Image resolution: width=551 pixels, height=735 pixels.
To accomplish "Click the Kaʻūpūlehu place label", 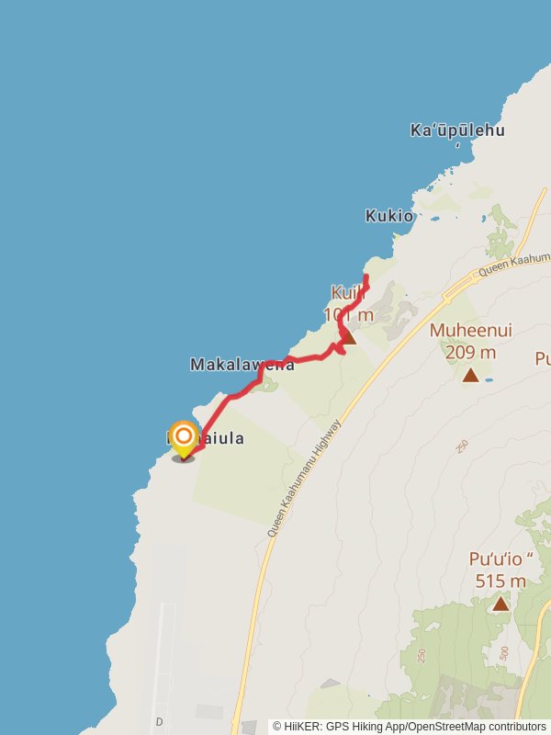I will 457,130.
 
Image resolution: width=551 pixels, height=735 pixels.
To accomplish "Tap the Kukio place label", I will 388,216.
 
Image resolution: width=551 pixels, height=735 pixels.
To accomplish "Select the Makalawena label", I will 242,365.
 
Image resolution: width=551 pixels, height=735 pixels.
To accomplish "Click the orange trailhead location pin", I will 184,437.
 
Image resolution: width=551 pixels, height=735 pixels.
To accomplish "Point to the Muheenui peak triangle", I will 470,375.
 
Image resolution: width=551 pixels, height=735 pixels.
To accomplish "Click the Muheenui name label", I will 470,331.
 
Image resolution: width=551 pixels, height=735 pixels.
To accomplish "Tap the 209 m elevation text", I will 470,352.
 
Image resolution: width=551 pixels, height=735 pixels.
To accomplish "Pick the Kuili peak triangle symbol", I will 348,338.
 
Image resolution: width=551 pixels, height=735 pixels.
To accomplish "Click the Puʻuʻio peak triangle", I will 500,604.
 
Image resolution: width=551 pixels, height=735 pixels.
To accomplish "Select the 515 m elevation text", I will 500,581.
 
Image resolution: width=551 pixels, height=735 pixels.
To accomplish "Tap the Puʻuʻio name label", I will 501,559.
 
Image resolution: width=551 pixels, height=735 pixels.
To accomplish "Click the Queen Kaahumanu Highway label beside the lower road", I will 304,478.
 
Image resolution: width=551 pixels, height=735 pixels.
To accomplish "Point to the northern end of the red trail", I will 366,277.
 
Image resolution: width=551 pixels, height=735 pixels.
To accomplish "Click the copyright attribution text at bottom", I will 410,727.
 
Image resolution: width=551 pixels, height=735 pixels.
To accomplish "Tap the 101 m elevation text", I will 349,315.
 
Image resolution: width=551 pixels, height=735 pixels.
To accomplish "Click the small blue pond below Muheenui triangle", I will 489,379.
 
